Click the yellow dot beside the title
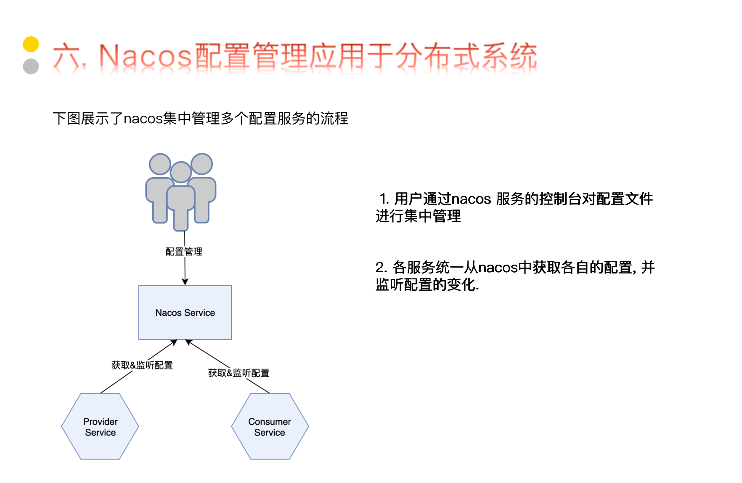pyautogui.click(x=31, y=44)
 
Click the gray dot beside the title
pyautogui.click(x=31, y=66)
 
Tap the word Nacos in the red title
pyautogui.click(x=145, y=56)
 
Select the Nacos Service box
pyautogui.click(x=185, y=312)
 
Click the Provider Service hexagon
pyautogui.click(x=100, y=427)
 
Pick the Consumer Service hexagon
pyautogui.click(x=270, y=427)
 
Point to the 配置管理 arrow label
pyautogui.click(x=184, y=252)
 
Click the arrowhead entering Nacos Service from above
pyautogui.click(x=185, y=281)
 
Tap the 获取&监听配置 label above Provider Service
pyautogui.click(x=142, y=365)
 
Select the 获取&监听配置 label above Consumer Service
pyautogui.click(x=238, y=373)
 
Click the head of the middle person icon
pyautogui.click(x=181, y=172)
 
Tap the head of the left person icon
pyautogui.click(x=160, y=164)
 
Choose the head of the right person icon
pyautogui.click(x=202, y=164)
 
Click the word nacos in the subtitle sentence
pyautogui.click(x=143, y=119)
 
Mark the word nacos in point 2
pyautogui.click(x=498, y=268)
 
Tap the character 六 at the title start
pyautogui.click(x=67, y=56)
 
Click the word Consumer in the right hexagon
pyautogui.click(x=270, y=422)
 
